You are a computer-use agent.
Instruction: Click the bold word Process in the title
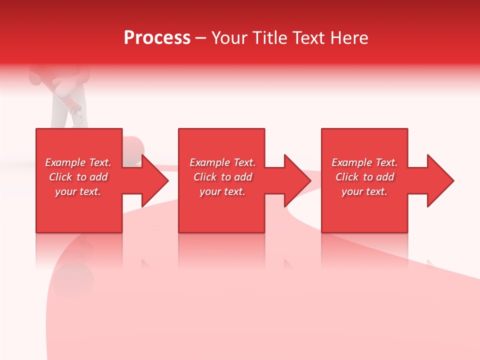157,38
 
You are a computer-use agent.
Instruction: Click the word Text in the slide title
309,38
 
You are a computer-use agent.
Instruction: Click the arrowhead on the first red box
155,180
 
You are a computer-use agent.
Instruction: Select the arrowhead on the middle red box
297,180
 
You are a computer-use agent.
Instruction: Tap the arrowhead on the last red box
440,180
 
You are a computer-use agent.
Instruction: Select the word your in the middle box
209,191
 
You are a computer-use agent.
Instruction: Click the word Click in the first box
61,177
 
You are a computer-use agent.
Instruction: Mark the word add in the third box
385,177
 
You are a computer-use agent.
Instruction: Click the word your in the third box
351,191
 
